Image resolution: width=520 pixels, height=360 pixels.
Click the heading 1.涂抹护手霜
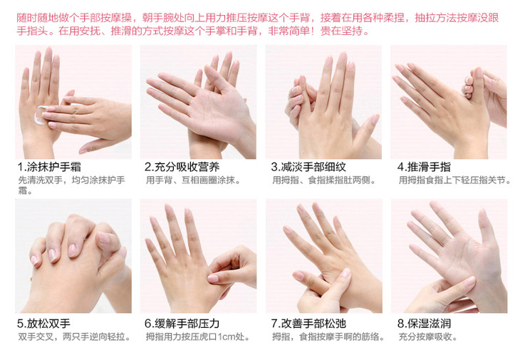tap(49, 167)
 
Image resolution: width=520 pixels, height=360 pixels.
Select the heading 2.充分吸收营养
tap(182, 167)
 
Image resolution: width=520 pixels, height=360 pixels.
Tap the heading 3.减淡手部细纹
tap(308, 167)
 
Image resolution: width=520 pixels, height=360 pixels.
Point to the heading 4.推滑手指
tap(424, 167)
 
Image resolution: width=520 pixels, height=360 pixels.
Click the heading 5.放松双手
tap(43, 324)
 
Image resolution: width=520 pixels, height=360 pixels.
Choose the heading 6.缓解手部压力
tap(182, 324)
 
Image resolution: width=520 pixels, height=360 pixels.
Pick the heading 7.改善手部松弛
tap(308, 324)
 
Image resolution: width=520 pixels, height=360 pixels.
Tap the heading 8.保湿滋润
tap(424, 324)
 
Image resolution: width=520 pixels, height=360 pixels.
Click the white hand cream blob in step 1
tap(40, 115)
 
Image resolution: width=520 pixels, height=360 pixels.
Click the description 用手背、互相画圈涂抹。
tap(193, 180)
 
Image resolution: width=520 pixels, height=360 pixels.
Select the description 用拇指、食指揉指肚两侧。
tap(324, 180)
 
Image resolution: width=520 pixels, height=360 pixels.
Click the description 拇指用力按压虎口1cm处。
tap(197, 336)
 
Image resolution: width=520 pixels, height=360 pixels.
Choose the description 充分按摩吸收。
tap(428, 336)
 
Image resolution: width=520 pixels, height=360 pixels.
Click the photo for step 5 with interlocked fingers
tap(73, 256)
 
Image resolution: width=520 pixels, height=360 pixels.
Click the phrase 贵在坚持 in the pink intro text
tap(341, 31)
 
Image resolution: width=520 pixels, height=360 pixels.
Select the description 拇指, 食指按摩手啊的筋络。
tap(328, 336)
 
